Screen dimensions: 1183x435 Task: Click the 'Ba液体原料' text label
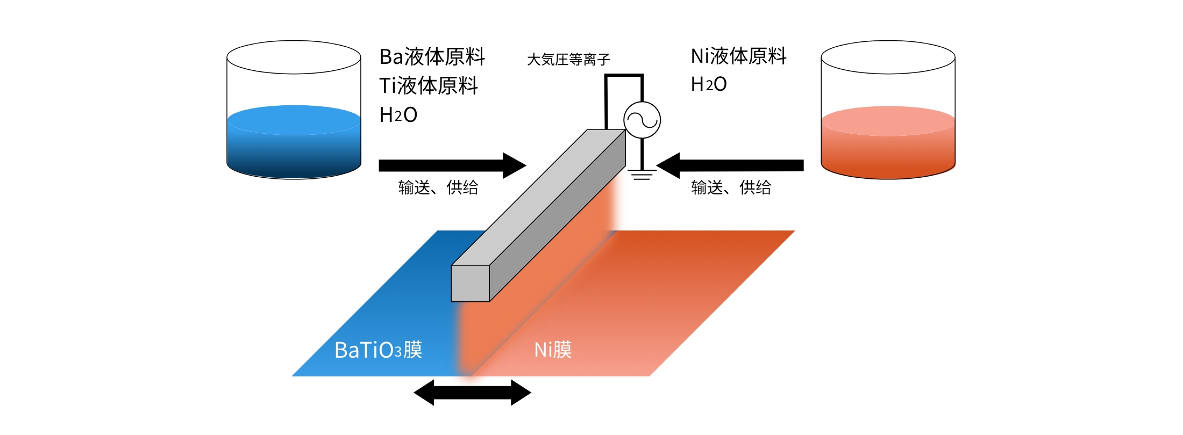click(432, 56)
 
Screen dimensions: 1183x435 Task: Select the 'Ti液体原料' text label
click(429, 85)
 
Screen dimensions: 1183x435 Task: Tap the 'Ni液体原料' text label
click(739, 56)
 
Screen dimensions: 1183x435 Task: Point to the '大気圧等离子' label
click(569, 59)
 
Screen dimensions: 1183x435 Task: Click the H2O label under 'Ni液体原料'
click(709, 84)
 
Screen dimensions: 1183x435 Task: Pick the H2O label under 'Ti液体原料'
click(398, 115)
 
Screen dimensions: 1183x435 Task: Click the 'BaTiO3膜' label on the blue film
click(379, 350)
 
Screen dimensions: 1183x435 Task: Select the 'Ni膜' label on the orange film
click(553, 350)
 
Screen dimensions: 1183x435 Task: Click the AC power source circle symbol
click(642, 120)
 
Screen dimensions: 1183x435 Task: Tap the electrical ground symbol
click(642, 175)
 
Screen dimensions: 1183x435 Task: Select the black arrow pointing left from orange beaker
click(730, 165)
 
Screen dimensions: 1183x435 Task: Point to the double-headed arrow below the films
click(473, 393)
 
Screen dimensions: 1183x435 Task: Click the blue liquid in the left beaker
click(294, 142)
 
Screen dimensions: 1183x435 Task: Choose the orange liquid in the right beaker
click(888, 142)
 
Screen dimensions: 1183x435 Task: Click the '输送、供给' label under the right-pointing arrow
click(438, 187)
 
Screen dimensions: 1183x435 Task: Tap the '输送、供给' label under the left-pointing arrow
click(731, 187)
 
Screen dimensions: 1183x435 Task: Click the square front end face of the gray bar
click(471, 283)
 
